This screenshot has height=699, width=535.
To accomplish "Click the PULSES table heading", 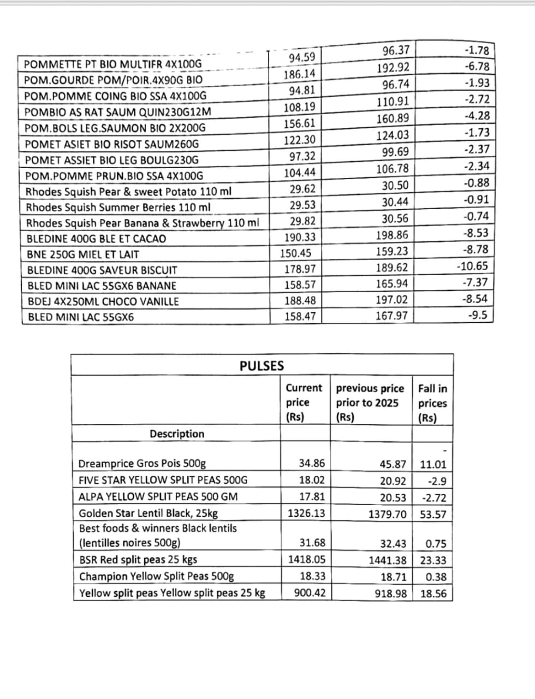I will tap(261, 366).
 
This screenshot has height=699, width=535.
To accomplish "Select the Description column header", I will tap(177, 434).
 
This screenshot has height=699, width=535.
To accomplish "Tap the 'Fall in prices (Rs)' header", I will tap(432, 404).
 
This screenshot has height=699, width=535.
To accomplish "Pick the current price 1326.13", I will tap(306, 513).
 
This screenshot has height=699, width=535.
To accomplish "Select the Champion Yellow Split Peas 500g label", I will tap(156, 577).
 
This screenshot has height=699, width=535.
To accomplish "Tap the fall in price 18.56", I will tap(433, 594).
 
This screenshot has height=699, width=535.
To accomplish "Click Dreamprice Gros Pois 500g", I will tap(142, 464).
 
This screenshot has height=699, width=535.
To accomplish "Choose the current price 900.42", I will tap(310, 593).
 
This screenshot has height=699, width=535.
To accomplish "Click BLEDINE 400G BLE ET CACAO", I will tap(97, 239).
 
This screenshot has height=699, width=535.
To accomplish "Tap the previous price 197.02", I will tap(392, 300).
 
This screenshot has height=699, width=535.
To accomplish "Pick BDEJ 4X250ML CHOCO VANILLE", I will tap(103, 301).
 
